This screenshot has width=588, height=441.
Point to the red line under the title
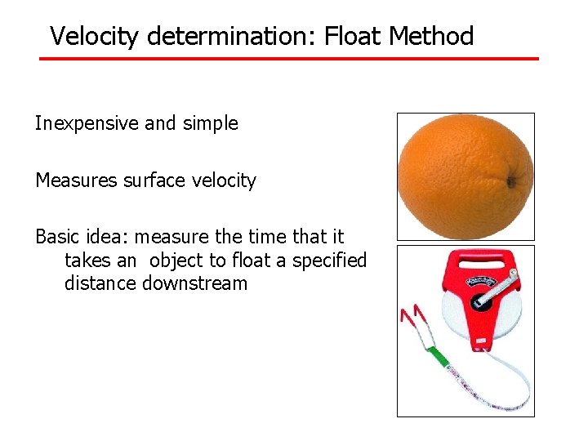(x=290, y=59)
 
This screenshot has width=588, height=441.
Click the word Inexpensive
(x=87, y=124)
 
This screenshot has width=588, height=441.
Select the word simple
(x=211, y=124)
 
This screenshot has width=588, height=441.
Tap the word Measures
(x=76, y=180)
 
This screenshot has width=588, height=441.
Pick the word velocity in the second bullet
(x=225, y=180)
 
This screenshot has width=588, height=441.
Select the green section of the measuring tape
(x=439, y=357)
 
